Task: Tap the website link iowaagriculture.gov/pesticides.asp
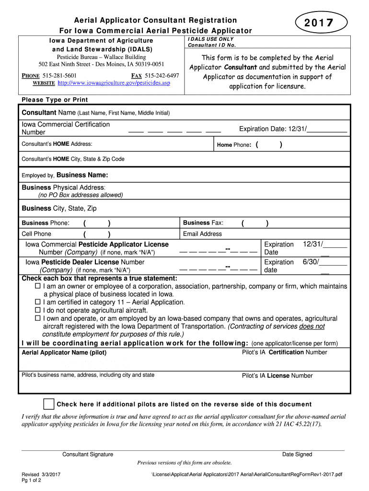[x=114, y=83]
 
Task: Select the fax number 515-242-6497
[x=162, y=76]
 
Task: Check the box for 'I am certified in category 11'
[x=38, y=303]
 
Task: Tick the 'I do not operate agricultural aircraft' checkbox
[x=38, y=311]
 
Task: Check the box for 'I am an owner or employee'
[x=38, y=286]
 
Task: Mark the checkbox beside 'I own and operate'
[x=38, y=318]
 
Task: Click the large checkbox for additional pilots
[x=48, y=404]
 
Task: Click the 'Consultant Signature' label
[x=88, y=455]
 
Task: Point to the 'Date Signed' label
[x=297, y=455]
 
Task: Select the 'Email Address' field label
[x=202, y=234]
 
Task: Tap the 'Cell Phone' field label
[x=36, y=234]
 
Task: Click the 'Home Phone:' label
[x=234, y=145]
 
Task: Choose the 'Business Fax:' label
[x=203, y=223]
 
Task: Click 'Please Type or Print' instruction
[x=55, y=100]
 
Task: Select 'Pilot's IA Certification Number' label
[x=285, y=352]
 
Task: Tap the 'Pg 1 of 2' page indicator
[x=31, y=480]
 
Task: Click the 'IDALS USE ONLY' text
[x=211, y=39]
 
